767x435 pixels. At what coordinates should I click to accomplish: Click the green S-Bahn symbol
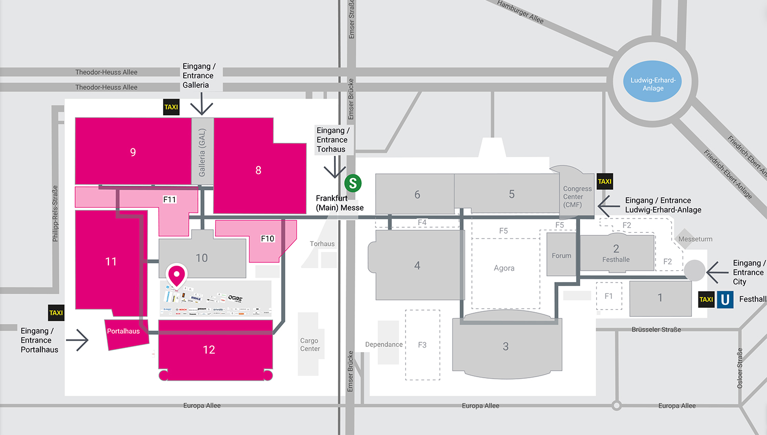click(353, 183)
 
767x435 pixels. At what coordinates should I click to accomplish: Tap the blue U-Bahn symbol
click(725, 299)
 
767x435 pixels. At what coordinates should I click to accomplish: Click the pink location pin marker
click(176, 275)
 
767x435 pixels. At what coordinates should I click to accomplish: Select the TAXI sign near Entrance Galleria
click(171, 107)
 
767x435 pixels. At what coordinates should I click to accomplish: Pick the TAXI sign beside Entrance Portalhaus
click(56, 313)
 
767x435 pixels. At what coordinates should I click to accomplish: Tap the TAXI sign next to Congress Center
click(604, 181)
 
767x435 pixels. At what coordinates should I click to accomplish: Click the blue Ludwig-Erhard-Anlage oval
click(653, 81)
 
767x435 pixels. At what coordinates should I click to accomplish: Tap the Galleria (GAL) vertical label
click(202, 152)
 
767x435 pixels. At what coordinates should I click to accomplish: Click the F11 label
click(170, 200)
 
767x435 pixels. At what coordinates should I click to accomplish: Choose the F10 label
click(267, 238)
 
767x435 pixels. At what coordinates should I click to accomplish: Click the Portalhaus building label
click(123, 331)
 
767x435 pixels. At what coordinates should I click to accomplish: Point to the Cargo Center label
click(310, 344)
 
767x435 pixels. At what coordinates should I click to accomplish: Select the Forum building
click(561, 255)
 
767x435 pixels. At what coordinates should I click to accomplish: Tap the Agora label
click(504, 268)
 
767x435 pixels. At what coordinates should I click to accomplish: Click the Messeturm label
click(695, 239)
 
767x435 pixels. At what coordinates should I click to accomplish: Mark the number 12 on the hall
click(209, 350)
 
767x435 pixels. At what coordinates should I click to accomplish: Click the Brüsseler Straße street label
click(656, 330)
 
